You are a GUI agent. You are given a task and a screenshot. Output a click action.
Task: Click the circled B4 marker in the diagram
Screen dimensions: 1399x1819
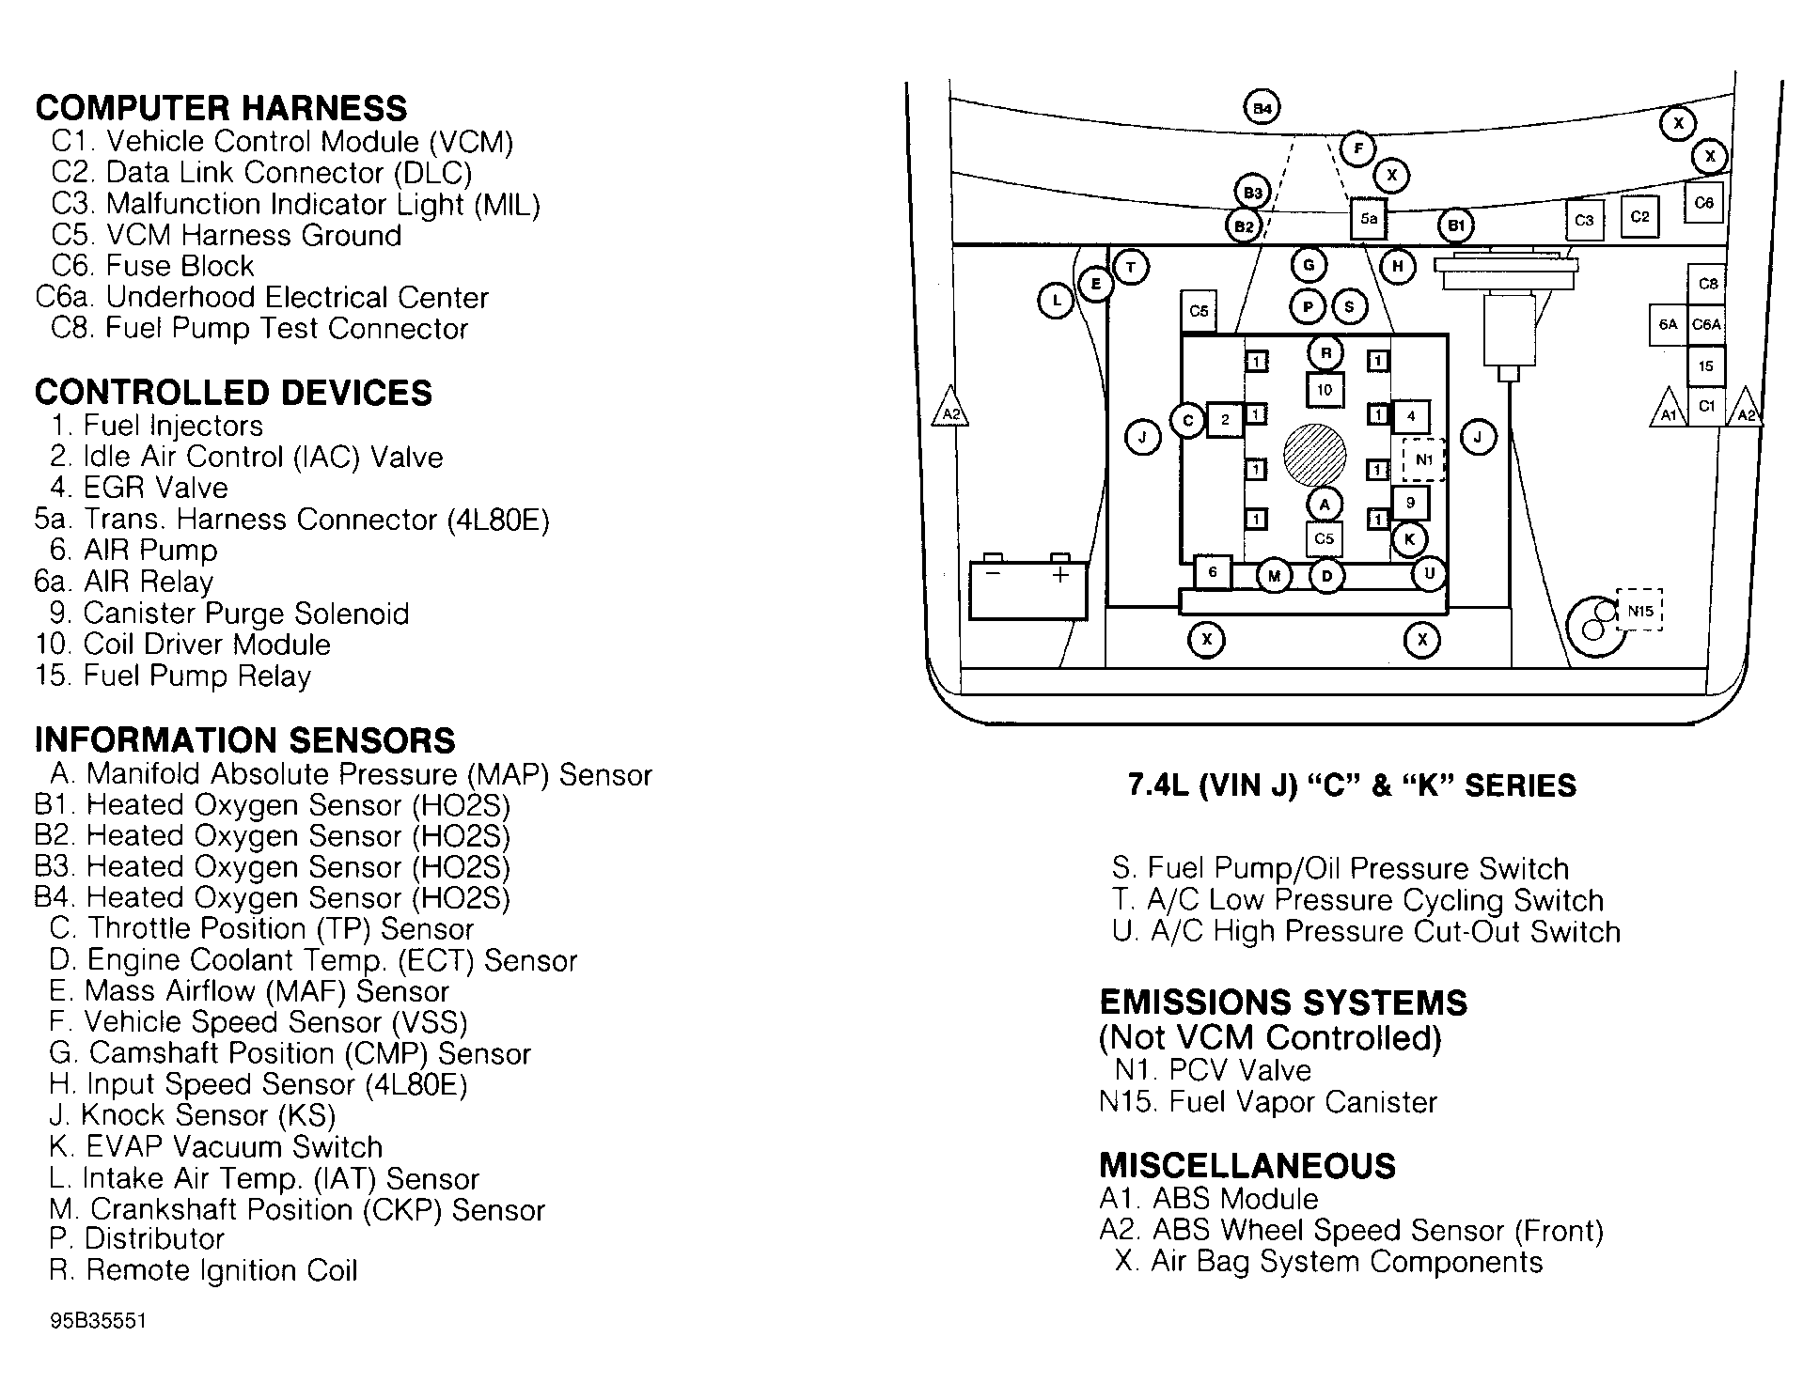point(1262,108)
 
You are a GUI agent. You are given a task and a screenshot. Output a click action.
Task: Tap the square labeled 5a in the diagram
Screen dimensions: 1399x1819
point(1369,219)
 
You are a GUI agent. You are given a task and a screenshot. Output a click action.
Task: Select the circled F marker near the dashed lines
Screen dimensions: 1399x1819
point(1357,148)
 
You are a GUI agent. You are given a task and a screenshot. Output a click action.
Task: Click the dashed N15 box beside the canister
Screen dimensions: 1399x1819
point(1639,611)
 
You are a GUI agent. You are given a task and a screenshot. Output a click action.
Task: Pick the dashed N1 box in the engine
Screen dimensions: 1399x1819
point(1423,459)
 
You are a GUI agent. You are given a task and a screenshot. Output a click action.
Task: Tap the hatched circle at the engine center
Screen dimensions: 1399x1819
point(1314,455)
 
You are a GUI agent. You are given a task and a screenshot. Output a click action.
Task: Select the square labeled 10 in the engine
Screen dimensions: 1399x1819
point(1325,390)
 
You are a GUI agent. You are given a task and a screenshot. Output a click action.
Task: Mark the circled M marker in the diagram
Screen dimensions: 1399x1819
point(1274,576)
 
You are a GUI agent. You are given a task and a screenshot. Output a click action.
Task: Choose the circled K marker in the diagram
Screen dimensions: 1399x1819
point(1409,539)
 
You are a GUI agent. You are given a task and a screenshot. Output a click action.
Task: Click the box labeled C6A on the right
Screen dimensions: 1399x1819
point(1706,325)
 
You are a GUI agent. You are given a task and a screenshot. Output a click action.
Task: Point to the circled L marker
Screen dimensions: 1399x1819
point(1057,302)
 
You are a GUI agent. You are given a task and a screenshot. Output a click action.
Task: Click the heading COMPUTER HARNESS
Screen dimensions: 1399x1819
point(221,108)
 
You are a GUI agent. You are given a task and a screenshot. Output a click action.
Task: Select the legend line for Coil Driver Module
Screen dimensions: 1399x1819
point(182,645)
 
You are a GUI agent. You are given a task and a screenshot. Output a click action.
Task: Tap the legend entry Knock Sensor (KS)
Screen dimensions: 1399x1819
point(192,1115)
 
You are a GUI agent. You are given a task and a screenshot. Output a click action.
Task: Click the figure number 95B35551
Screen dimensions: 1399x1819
point(98,1320)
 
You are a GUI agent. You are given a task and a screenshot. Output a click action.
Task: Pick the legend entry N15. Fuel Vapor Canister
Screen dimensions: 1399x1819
point(1268,1101)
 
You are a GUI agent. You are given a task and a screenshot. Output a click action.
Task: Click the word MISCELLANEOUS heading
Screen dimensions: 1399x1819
point(1247,1165)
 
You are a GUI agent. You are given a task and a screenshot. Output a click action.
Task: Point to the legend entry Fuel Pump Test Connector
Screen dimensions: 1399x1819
point(259,328)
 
